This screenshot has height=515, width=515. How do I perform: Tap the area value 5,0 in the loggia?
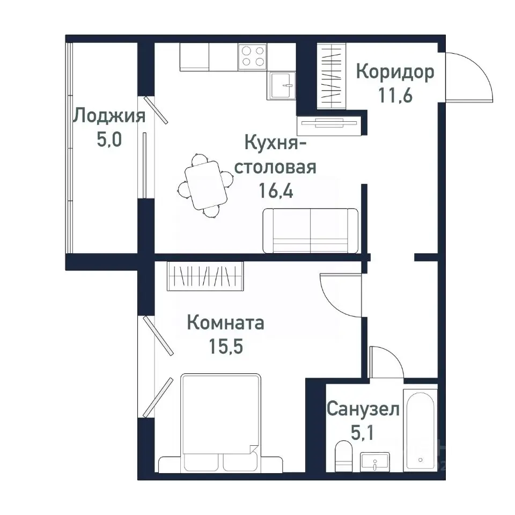[x=109, y=140]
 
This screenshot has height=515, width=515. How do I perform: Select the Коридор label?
[x=395, y=72]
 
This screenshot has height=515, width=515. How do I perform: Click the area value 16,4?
[x=277, y=191]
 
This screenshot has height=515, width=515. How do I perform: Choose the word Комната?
[x=225, y=323]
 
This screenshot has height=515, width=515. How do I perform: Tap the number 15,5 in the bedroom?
[x=225, y=347]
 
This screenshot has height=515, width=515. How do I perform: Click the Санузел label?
[x=363, y=410]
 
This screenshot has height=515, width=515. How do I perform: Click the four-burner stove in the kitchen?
[x=253, y=56]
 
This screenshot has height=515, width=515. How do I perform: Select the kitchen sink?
[x=282, y=85]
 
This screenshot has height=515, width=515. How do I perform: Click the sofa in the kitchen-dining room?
[x=311, y=231]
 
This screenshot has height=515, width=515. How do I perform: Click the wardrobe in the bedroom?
[x=205, y=276]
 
